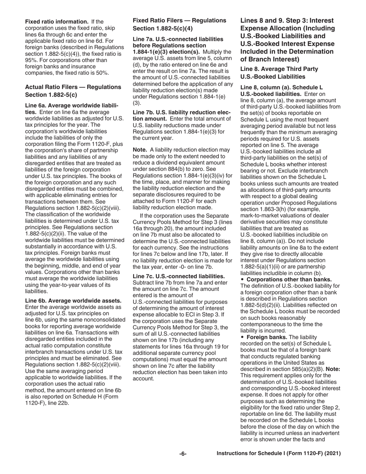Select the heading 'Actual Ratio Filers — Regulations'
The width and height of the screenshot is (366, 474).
click(x=74, y=87)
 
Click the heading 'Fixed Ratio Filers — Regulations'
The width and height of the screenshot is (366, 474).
click(x=179, y=20)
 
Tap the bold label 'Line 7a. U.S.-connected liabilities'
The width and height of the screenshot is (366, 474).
click(x=178, y=39)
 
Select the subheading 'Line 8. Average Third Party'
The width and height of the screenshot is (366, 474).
click(x=279, y=69)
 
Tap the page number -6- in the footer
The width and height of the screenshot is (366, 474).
click(x=183, y=454)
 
